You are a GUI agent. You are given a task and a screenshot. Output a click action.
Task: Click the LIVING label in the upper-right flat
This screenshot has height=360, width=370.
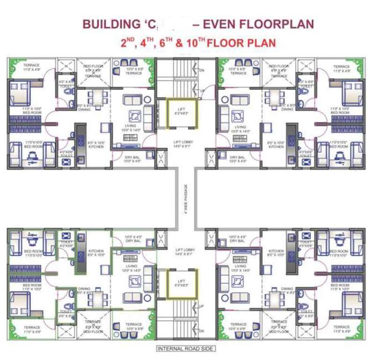pyautogui.click(x=240, y=127)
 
